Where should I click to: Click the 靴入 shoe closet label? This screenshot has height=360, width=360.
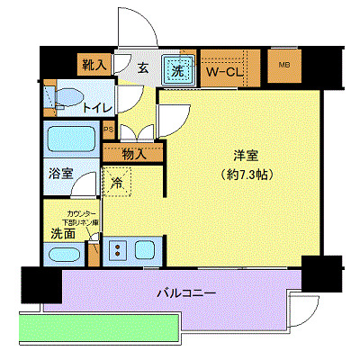(x=93, y=65)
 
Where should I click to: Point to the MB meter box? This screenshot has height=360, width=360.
(x=284, y=65)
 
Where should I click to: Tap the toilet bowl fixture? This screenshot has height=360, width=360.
(x=66, y=98)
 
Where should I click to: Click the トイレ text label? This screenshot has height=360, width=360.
(x=96, y=108)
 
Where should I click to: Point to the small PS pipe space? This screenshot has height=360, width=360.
(x=110, y=129)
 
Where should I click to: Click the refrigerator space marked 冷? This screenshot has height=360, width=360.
(x=119, y=183)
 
